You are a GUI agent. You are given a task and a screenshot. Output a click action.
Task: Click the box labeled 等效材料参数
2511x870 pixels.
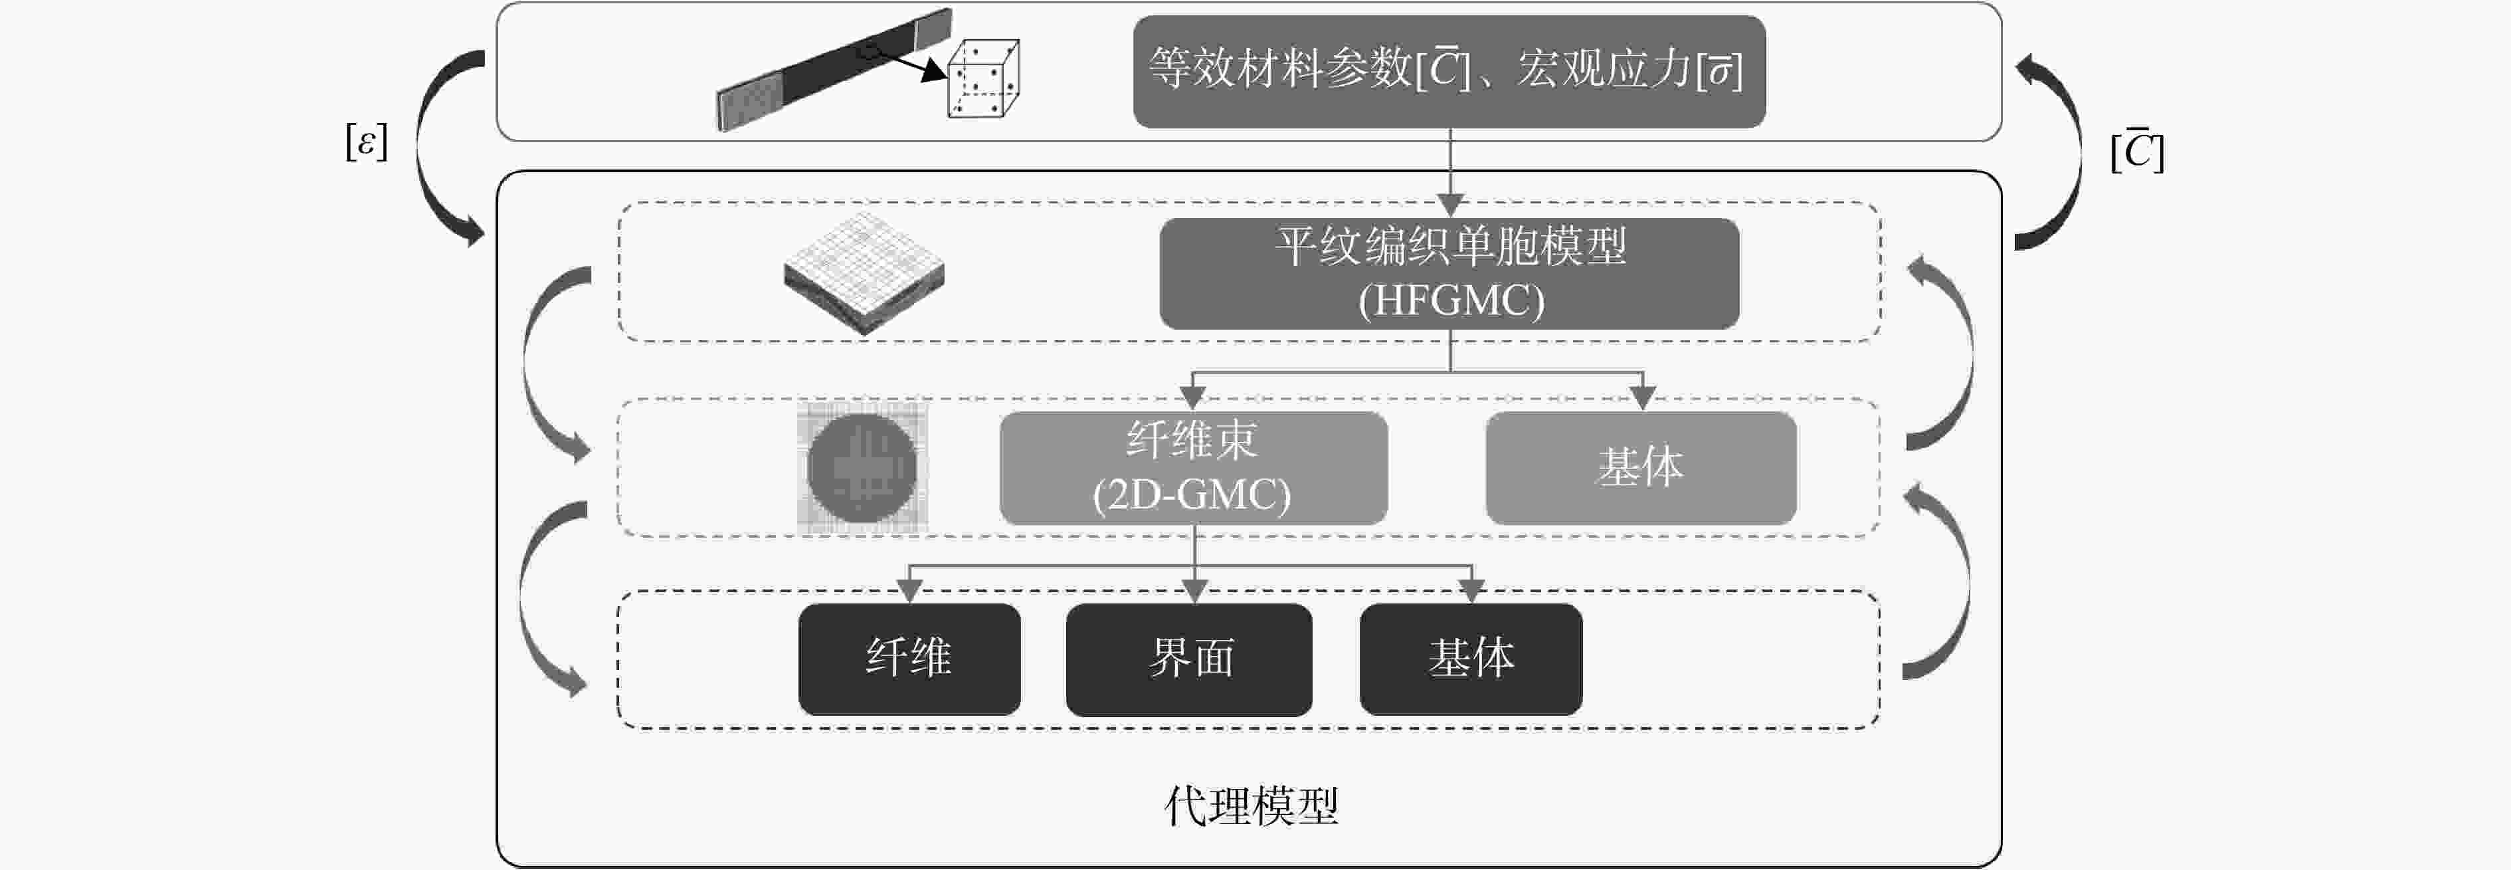point(1449,71)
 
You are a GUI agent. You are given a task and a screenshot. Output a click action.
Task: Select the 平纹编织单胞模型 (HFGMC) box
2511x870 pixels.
point(1449,273)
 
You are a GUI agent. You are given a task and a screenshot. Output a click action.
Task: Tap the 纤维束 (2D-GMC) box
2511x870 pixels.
point(1193,468)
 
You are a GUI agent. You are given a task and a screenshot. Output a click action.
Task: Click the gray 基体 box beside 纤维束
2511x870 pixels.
point(1641,468)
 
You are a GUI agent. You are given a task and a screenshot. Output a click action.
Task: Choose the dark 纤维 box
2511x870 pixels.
point(909,659)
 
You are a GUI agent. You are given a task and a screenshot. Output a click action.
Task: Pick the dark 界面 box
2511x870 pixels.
point(1189,659)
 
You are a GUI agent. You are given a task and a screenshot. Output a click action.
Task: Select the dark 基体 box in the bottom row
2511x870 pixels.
point(1471,659)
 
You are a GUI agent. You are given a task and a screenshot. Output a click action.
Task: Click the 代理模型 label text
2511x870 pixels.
point(1252,806)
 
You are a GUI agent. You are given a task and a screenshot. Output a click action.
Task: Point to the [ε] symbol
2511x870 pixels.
point(367,142)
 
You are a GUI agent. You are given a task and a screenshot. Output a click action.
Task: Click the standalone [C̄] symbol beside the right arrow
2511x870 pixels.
point(2138,151)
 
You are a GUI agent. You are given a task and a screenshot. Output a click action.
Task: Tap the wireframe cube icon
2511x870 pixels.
point(982,78)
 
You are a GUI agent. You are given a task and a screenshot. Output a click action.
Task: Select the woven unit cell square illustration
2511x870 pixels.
point(864,273)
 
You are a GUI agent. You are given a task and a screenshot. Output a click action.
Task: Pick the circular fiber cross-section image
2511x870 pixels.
point(862,468)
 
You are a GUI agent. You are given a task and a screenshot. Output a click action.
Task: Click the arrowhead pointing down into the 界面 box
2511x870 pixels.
point(1195,590)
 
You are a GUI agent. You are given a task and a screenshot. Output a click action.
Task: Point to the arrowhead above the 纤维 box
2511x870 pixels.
point(909,590)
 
